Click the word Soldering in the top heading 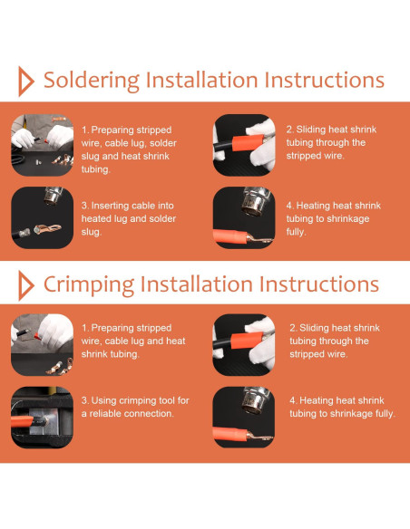click(92, 81)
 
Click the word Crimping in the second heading click(89, 285)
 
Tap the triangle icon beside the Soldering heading click(26, 82)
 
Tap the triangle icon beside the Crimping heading click(26, 285)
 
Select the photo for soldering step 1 click(43, 145)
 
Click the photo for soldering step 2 click(244, 145)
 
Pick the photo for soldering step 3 click(43, 217)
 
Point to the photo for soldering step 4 click(244, 217)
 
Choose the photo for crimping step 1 click(43, 345)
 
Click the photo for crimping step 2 click(244, 345)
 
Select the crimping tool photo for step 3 click(43, 418)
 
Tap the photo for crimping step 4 click(244, 418)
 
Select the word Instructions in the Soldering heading click(324, 81)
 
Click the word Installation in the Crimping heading click(197, 284)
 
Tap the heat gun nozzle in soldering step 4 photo click(256, 201)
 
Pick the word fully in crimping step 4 click(386, 414)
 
